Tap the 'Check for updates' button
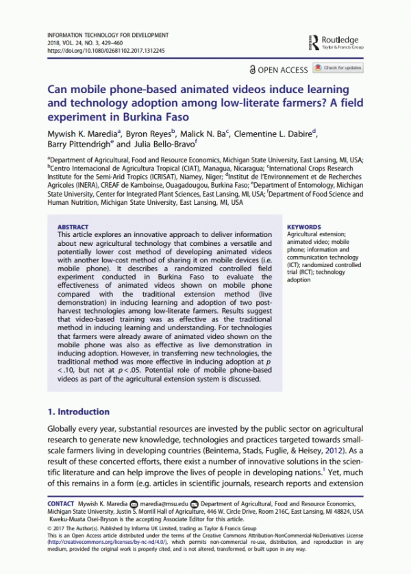coord(338,68)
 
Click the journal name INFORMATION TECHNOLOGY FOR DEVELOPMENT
coord(107,34)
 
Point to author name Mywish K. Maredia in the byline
coord(79,134)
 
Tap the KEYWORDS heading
coord(303,227)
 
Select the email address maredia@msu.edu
coord(164,503)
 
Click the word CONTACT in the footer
coord(60,503)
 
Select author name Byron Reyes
coord(154,134)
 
